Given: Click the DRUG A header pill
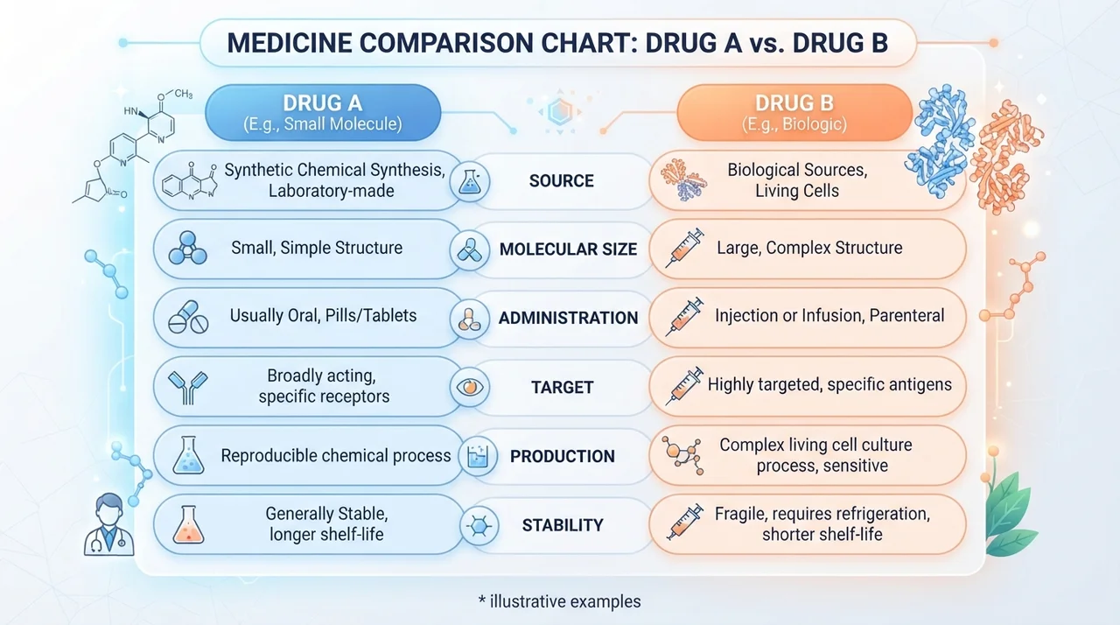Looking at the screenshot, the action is pos(323,113).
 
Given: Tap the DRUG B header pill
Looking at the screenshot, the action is pos(794,113).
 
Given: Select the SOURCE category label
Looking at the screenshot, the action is pos(562,180).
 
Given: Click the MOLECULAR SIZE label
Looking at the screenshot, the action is pos(569,249).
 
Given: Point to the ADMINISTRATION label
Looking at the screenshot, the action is pos(569,318).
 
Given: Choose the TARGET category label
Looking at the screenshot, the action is pos(562,387).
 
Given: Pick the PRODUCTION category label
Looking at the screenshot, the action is pos(563,456).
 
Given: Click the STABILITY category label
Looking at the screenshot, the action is pos(563,525).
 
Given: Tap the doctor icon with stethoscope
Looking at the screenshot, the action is pos(109,524).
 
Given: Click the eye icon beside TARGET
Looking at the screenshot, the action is pos(470,387).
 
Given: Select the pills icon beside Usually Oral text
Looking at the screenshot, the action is pos(188,317).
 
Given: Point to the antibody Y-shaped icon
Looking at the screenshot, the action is pos(188,388).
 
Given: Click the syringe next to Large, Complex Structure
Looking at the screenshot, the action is pos(684,248).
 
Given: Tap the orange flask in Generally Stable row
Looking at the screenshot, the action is pos(188,524).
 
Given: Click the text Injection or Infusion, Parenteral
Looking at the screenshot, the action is pos(829,315).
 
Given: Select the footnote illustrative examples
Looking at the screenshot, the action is pos(559,601).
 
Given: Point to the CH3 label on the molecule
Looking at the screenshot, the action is pos(184,94).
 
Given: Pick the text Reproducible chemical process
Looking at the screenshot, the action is pos(335,455).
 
